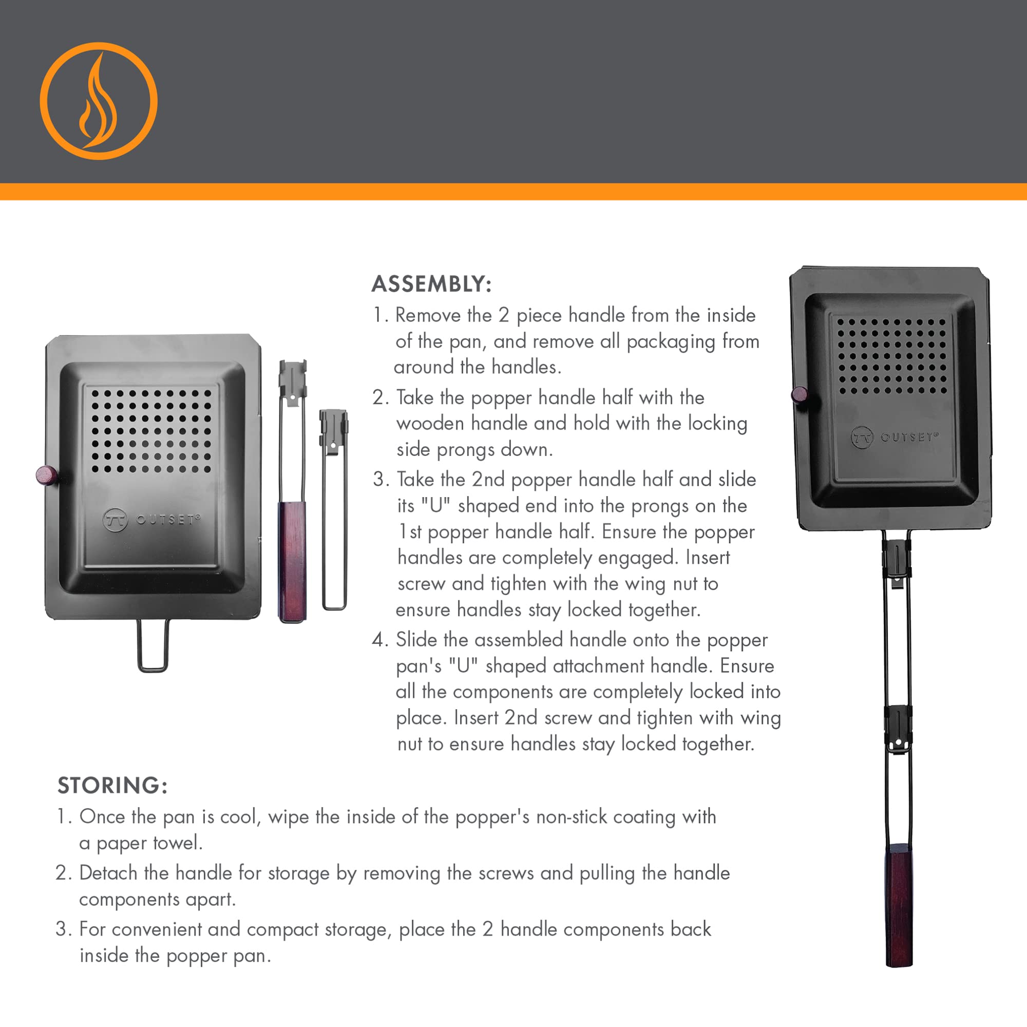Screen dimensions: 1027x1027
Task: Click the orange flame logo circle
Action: tap(99, 101)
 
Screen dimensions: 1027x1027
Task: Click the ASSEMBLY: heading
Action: tap(431, 284)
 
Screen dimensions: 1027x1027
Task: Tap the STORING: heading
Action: tap(112, 785)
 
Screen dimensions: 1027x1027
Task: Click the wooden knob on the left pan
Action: tap(46, 474)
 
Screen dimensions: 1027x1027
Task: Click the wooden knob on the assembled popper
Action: tap(798, 395)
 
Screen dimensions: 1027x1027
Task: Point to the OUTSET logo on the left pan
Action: tap(151, 519)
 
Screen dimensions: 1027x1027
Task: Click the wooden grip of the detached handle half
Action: tap(292, 561)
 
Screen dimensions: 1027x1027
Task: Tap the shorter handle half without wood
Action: tap(334, 510)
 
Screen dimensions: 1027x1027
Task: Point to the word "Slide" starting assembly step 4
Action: tap(416, 639)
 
